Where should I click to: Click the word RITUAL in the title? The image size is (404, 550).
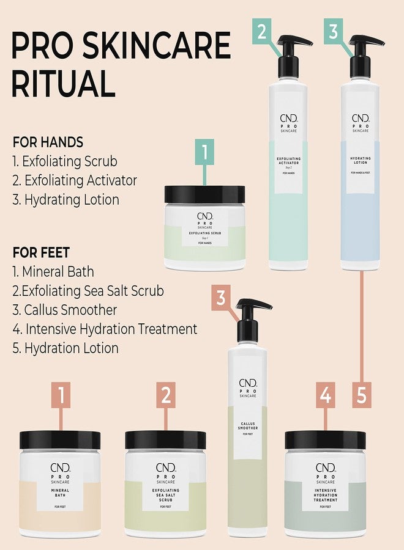click(x=64, y=84)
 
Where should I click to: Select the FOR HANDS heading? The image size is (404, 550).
click(x=48, y=142)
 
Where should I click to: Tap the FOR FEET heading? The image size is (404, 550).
click(x=41, y=252)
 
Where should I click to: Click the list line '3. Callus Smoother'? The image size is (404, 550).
click(x=65, y=310)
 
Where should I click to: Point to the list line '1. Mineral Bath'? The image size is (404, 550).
click(x=53, y=271)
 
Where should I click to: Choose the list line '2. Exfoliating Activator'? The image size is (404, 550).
click(x=75, y=181)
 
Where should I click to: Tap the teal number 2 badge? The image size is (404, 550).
click(x=262, y=31)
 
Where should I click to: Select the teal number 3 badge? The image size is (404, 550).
click(x=333, y=31)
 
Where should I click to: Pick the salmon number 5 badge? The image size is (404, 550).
click(x=361, y=395)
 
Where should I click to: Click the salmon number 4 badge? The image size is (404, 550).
click(x=326, y=395)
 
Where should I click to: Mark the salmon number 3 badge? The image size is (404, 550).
click(x=222, y=298)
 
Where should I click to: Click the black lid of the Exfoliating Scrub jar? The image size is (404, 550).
click(x=205, y=195)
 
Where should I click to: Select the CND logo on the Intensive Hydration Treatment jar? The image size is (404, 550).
click(x=326, y=468)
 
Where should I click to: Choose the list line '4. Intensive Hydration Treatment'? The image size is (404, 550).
click(x=105, y=329)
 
